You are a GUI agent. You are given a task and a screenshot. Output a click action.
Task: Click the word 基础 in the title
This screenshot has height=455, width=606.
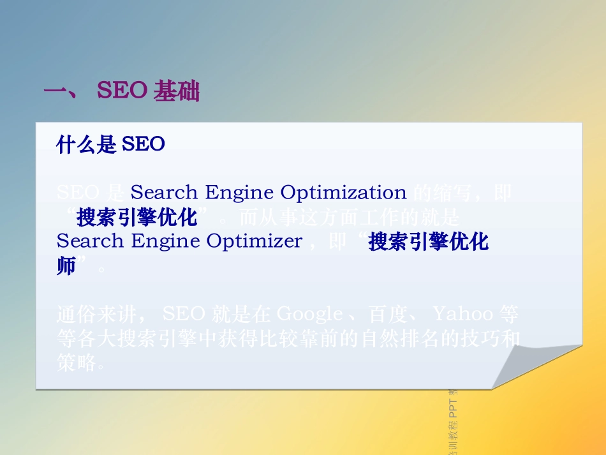(x=177, y=92)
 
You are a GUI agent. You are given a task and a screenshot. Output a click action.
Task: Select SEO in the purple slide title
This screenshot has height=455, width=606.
(x=122, y=92)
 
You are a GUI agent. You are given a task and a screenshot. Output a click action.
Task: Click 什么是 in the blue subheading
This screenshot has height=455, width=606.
(x=86, y=145)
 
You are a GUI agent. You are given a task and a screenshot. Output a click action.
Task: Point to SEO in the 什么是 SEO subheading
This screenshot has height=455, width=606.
(x=144, y=145)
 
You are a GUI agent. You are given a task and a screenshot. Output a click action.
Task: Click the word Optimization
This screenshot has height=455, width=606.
(x=344, y=192)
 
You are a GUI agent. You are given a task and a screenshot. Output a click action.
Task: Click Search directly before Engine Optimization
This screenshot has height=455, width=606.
(x=163, y=192)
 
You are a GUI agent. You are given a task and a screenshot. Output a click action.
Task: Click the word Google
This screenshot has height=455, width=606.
(x=311, y=314)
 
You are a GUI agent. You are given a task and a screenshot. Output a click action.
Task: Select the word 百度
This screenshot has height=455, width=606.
(x=387, y=314)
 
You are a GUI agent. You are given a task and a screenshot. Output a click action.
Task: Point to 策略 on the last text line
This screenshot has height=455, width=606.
(x=75, y=363)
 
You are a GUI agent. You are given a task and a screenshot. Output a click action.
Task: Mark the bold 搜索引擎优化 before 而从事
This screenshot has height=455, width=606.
(x=137, y=217)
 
